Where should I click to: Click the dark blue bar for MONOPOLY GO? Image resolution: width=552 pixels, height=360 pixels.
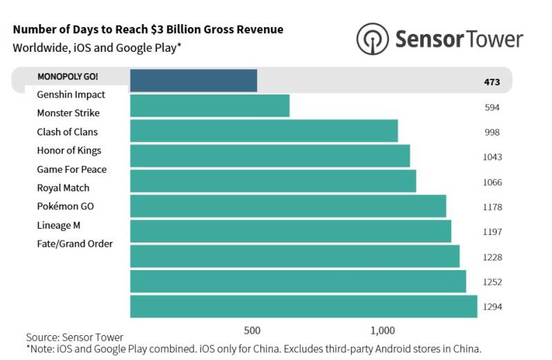[193, 81]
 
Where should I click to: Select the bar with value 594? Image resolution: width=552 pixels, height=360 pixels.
[209, 106]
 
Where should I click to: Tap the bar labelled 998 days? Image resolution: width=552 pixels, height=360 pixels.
[264, 131]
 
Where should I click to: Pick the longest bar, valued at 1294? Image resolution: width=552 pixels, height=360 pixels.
[303, 306]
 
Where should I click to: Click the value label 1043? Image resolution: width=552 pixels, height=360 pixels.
[492, 157]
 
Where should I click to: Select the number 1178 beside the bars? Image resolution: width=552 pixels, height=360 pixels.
[492, 207]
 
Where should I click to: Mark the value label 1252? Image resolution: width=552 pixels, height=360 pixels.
[492, 281]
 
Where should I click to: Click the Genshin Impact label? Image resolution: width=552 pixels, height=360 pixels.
[71, 95]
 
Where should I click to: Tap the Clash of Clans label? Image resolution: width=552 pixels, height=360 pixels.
[67, 132]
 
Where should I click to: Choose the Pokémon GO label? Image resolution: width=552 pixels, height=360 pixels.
[65, 207]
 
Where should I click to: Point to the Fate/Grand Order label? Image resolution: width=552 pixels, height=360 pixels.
[75, 244]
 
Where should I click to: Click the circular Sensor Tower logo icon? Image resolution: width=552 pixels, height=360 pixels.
[372, 39]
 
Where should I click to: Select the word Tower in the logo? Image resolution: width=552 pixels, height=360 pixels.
[492, 39]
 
